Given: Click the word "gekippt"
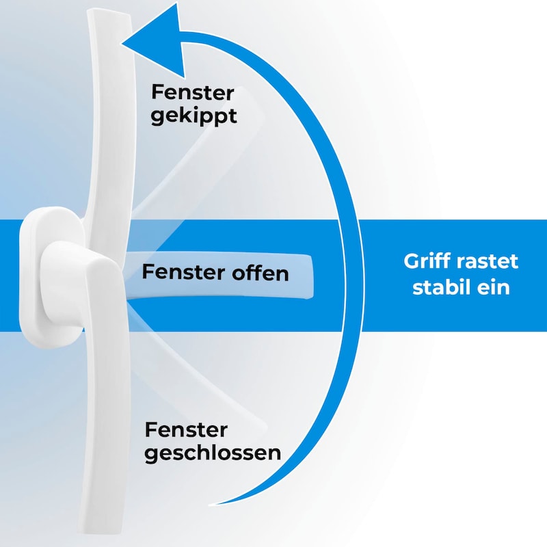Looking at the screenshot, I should click(194, 115).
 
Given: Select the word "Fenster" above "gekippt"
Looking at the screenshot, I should click(193, 92).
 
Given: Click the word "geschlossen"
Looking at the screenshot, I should click(213, 453).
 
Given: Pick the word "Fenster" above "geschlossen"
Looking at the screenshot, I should click(186, 430).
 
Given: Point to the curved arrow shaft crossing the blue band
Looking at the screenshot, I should click(350, 273).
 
